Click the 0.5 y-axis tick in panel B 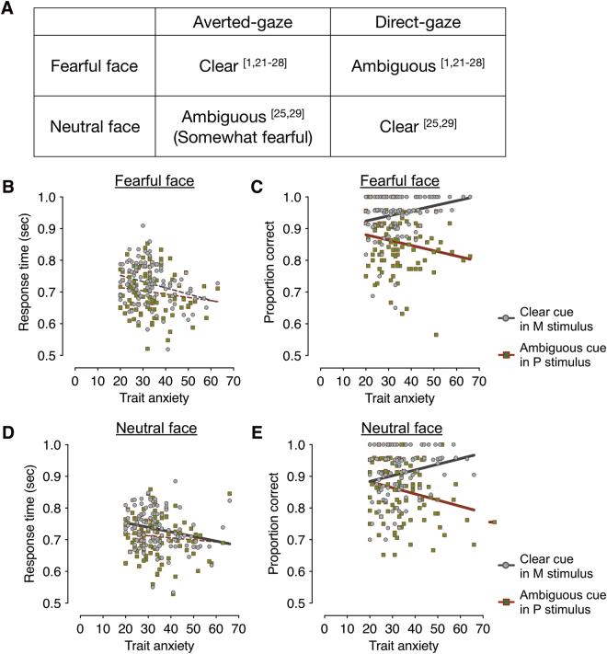coord(58,355)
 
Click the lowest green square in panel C coord(462,334)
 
